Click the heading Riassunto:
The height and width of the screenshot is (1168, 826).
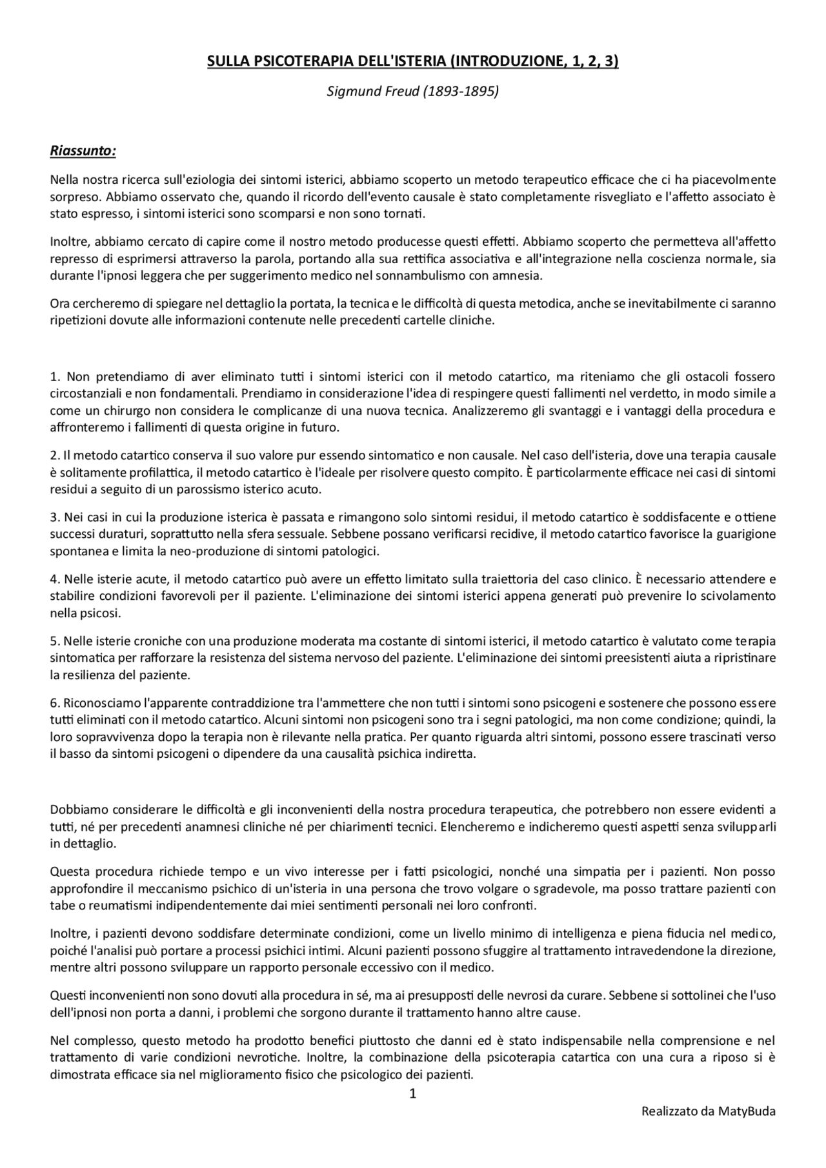(x=83, y=151)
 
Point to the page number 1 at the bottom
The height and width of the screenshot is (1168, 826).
(x=413, y=1093)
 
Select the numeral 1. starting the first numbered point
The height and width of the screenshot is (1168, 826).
(x=55, y=376)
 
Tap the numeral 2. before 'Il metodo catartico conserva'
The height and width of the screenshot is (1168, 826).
(x=55, y=455)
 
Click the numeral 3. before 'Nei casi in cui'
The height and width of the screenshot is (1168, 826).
(x=55, y=517)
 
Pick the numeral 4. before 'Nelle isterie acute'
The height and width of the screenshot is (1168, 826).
(x=55, y=579)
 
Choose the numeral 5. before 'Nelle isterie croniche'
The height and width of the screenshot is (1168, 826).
(x=55, y=641)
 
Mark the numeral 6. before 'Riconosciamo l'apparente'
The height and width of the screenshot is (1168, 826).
(x=55, y=703)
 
